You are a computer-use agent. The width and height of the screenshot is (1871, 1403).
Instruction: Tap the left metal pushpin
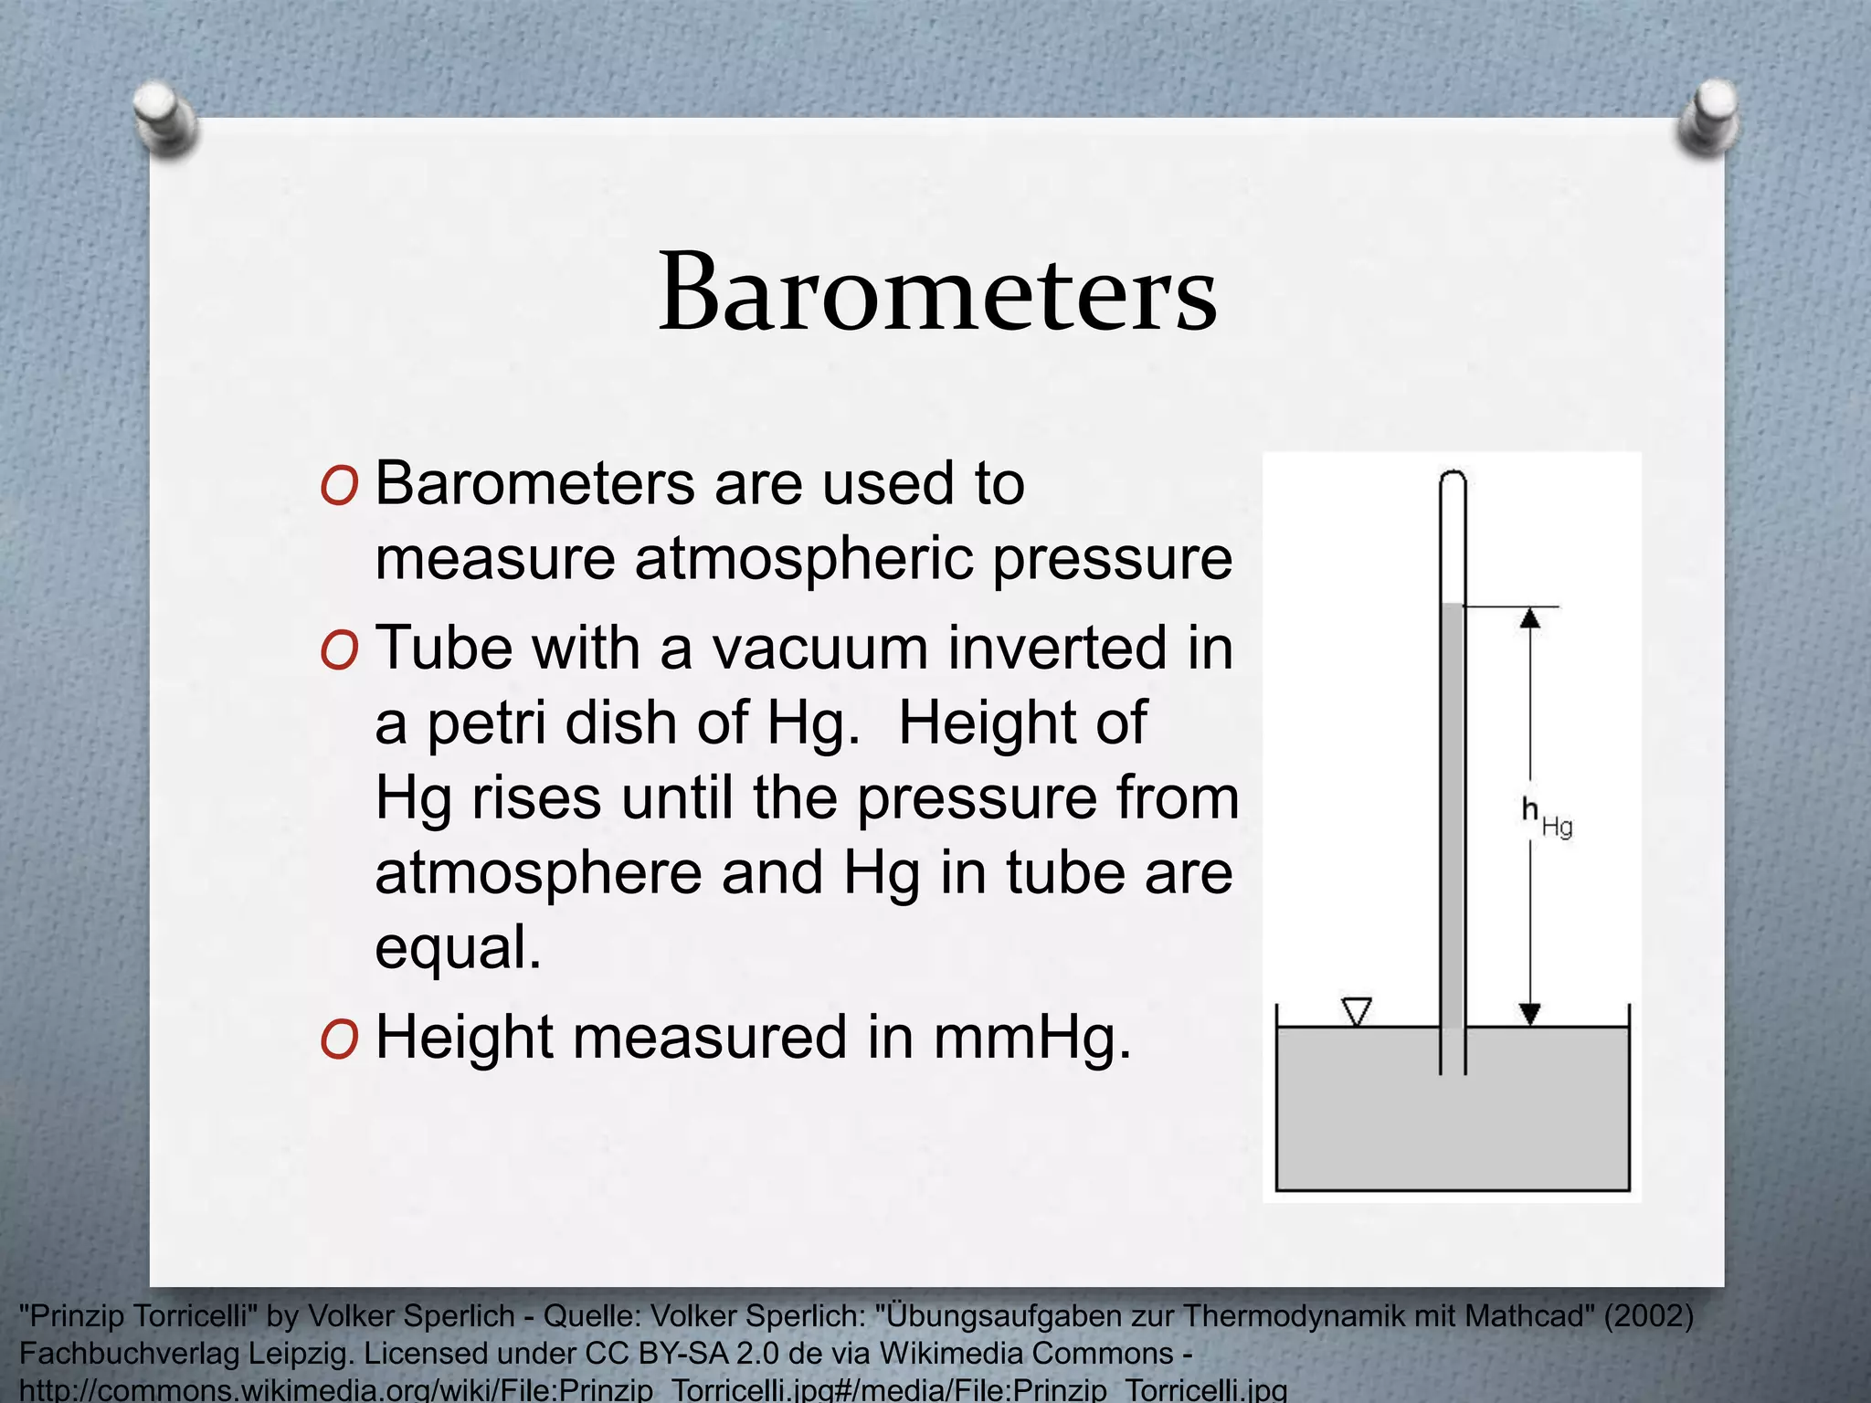[x=165, y=119]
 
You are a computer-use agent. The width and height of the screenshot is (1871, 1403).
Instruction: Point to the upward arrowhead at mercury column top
[x=1530, y=618]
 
